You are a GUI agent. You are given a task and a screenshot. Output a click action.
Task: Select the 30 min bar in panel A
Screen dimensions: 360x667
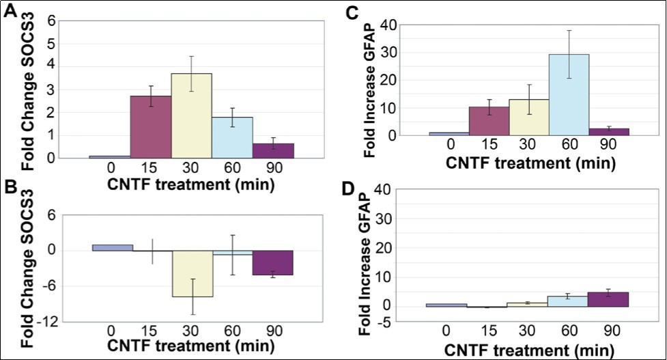click(x=192, y=115)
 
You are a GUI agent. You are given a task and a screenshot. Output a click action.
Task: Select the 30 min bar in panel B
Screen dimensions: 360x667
click(x=192, y=273)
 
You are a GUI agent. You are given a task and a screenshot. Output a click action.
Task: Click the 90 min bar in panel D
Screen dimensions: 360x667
click(x=609, y=299)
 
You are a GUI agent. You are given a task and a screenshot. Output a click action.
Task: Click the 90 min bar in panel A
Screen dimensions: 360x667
click(x=273, y=150)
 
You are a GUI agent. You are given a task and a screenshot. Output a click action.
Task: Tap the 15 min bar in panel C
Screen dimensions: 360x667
click(x=489, y=120)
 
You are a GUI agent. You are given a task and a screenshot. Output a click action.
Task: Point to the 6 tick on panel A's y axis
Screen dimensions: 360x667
click(x=51, y=20)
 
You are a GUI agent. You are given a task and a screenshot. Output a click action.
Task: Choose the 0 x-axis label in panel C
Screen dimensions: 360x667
click(x=449, y=144)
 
